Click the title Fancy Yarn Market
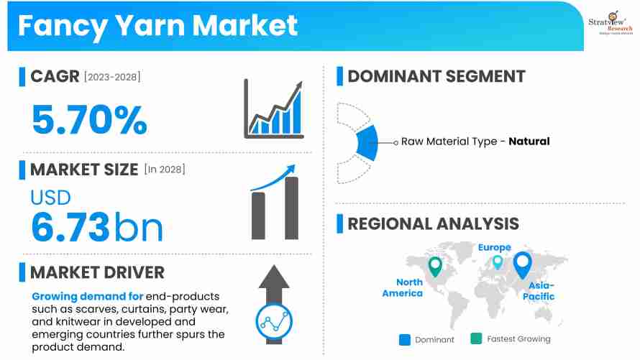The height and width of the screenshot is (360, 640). (x=157, y=25)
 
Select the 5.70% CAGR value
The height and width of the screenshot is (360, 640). (x=89, y=119)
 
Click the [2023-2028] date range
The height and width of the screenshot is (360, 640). (x=112, y=77)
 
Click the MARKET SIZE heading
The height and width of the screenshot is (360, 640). (x=84, y=170)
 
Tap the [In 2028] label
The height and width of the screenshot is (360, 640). (x=165, y=170)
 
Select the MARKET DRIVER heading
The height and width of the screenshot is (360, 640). (x=97, y=272)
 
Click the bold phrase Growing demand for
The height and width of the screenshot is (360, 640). (x=87, y=297)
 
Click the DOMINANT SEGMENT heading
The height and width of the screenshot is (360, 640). (x=436, y=76)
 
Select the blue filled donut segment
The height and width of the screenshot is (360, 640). (x=367, y=142)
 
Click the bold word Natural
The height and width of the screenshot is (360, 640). (x=529, y=142)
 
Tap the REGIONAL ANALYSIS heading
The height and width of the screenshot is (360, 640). (x=433, y=223)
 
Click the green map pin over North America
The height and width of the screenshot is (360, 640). (x=434, y=266)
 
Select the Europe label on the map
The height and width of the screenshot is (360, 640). (x=495, y=247)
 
